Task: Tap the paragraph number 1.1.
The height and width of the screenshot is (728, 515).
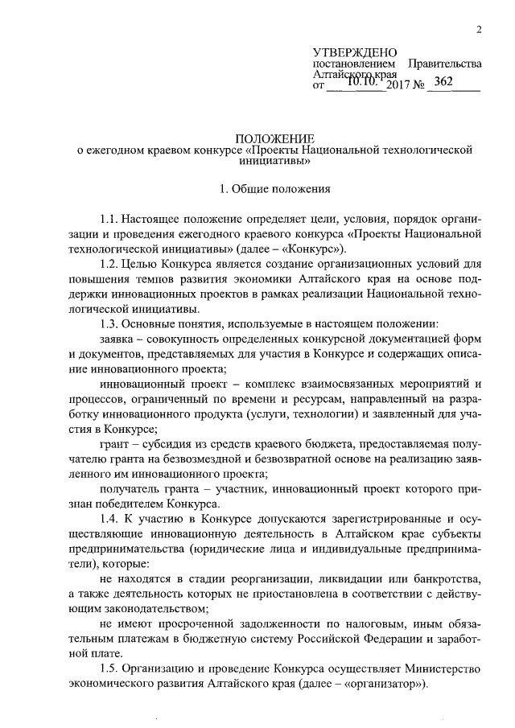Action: click(109, 220)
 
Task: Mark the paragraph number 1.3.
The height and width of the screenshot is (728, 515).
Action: click(109, 322)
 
